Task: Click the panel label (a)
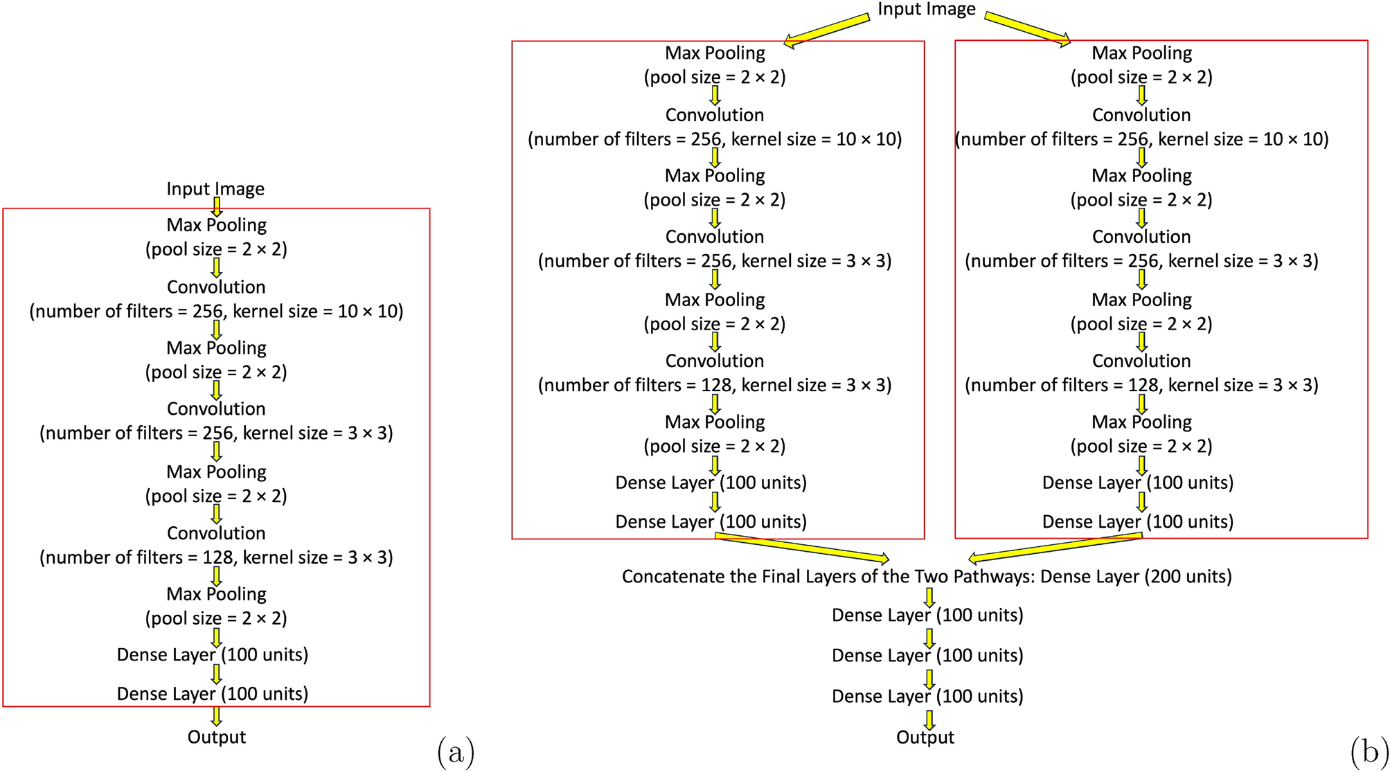point(456,752)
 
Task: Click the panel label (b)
point(1369,752)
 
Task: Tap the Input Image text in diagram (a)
point(215,189)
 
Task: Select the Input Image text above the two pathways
point(926,9)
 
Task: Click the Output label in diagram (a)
point(216,737)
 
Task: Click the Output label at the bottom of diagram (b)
point(925,737)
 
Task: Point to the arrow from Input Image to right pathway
point(1028,30)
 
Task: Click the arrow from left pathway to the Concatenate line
point(803,547)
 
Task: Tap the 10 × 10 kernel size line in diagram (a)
point(216,312)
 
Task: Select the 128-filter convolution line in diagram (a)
point(216,558)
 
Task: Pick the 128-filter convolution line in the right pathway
point(1141,386)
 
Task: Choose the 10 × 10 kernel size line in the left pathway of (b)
point(715,140)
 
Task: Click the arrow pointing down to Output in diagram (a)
point(216,716)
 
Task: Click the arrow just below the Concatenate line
point(929,598)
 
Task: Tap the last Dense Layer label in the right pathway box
point(1138,522)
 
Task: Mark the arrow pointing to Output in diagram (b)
point(929,719)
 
